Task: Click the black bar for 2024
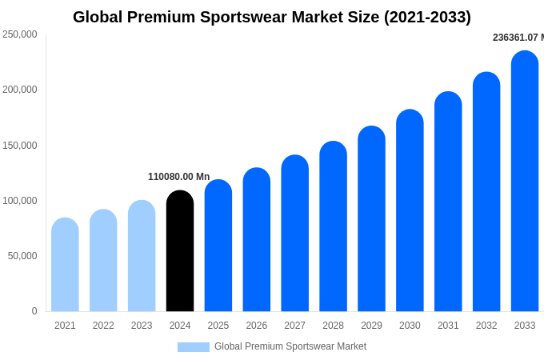coord(180,251)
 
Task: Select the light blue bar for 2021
coord(65,265)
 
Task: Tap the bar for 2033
coord(525,182)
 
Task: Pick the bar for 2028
coord(333,226)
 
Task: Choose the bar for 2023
coord(142,256)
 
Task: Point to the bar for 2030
coord(410,210)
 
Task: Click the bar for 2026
coord(257,240)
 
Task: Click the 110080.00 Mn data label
coord(178,177)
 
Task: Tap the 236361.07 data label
coord(518,38)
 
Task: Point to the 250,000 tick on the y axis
coord(20,34)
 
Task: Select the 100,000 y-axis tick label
coord(20,201)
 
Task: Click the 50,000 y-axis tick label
coord(22,256)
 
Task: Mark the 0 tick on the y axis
coord(34,311)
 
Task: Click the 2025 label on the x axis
coord(218,326)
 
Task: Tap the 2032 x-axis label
coord(486,326)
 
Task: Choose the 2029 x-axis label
coord(371,326)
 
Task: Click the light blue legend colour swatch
coord(193,347)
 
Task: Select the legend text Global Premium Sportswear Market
coord(290,346)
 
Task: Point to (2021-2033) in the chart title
coord(427,17)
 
